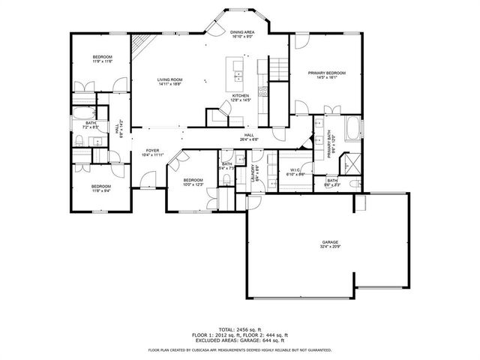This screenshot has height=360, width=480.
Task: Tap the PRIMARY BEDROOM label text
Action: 330,73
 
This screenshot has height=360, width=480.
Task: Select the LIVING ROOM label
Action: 169,79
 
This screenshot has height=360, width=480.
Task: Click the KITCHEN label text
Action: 240,96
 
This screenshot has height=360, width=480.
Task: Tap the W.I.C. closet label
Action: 295,169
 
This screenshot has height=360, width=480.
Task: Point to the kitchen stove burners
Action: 263,92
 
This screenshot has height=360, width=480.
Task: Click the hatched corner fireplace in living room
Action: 139,51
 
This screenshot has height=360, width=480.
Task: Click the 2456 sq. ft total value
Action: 250,329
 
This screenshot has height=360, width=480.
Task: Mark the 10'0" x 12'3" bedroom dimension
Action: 193,184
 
